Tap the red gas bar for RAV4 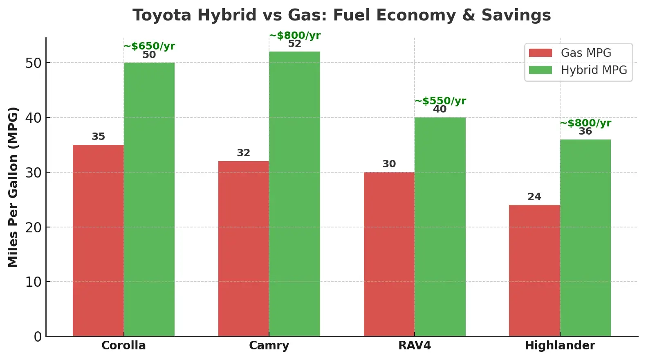point(389,254)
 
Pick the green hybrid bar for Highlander point(585,238)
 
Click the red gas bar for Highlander point(534,270)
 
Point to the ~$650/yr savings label point(149,46)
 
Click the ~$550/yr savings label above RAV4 point(440,101)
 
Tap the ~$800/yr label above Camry point(295,35)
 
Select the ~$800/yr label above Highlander point(585,123)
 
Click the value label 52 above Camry point(294,44)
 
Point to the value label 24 point(534,197)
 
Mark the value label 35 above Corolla point(98,137)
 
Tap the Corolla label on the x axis point(123,346)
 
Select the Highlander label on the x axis point(560,346)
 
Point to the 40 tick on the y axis point(34,118)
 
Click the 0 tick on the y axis point(38,337)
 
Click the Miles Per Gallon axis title point(13,187)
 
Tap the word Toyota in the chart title point(162,15)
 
